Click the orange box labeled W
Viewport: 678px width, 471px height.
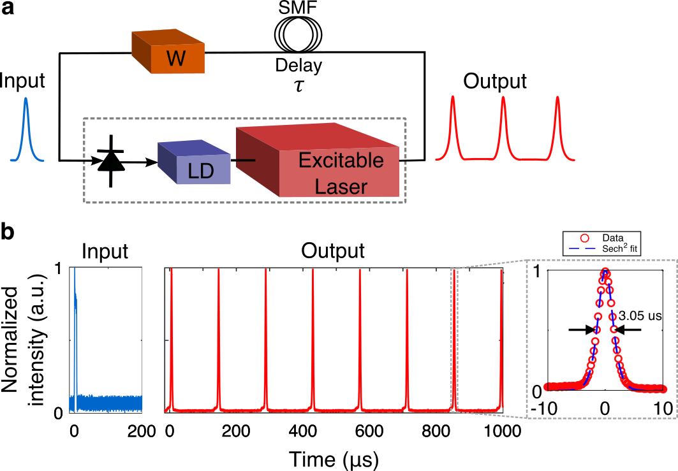point(169,54)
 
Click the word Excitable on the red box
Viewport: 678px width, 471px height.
point(341,160)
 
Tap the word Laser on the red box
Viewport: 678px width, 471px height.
point(341,186)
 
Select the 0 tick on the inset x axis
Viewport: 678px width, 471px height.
point(605,407)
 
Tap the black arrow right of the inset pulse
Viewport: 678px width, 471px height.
point(629,330)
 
